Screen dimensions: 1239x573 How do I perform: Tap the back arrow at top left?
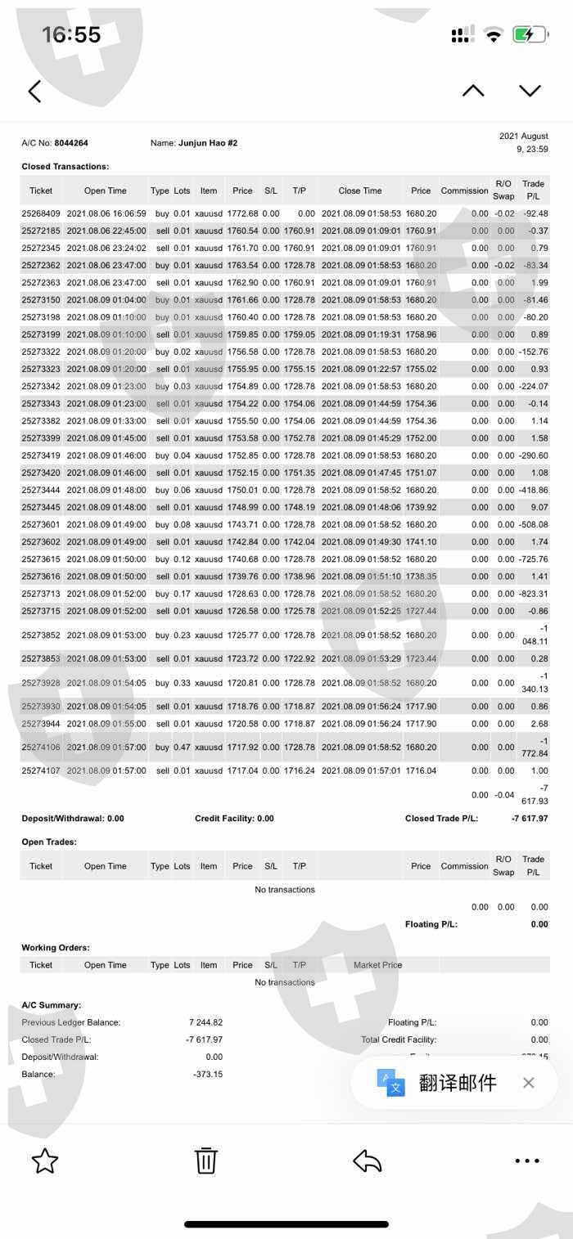[34, 91]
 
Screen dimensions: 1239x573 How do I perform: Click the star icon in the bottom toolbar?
[45, 1160]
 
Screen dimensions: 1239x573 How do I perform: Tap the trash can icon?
[205, 1160]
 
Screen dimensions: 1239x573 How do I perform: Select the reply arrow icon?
[368, 1160]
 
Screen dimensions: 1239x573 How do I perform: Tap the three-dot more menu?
[527, 1160]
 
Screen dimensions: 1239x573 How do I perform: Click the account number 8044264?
[71, 143]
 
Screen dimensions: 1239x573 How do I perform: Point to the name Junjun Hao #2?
[208, 143]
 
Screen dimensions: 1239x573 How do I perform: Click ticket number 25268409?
[41, 213]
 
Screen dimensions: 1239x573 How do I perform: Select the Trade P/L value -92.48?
[535, 213]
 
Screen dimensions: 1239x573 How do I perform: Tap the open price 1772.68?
[242, 213]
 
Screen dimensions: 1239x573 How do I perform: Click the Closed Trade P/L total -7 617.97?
[530, 818]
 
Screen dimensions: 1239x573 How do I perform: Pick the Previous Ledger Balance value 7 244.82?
[205, 1022]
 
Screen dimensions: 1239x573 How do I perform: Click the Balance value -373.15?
[208, 1074]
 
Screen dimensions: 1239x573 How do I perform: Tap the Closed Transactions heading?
[65, 167]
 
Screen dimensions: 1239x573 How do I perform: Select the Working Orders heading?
[56, 948]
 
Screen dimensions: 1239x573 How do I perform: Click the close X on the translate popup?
[529, 1083]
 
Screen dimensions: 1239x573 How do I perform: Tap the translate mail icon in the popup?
[390, 1083]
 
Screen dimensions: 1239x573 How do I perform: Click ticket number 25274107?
[41, 770]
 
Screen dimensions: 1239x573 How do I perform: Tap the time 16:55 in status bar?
[71, 34]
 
